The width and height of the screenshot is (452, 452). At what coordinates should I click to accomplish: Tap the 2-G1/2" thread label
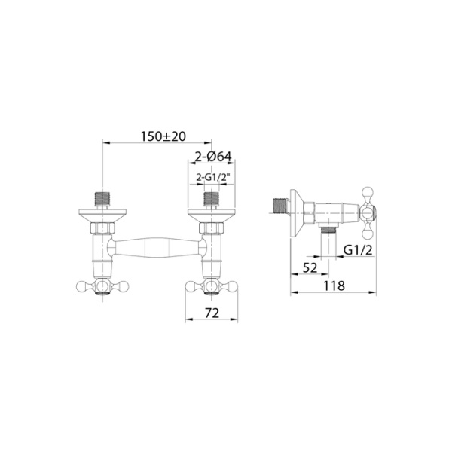pyautogui.click(x=212, y=178)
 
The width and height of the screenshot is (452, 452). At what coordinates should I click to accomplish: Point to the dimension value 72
pyautogui.click(x=212, y=312)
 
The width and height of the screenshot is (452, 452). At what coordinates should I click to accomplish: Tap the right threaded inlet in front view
pyautogui.click(x=212, y=200)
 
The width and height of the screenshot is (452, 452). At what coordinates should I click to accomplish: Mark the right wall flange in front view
pyautogui.click(x=212, y=215)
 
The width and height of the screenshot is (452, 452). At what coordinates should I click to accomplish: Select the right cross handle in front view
pyautogui.click(x=212, y=286)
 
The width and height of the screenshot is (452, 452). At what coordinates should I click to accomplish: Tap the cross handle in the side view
pyautogui.click(x=370, y=208)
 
